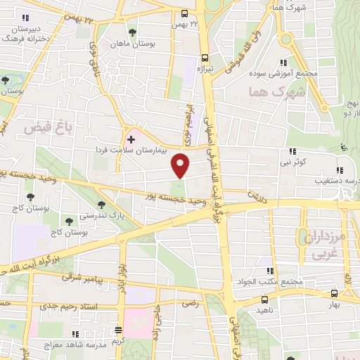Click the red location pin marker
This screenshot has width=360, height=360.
pos(181,165)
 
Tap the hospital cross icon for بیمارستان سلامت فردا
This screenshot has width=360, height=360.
pos(131,139)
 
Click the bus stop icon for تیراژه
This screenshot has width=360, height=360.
pos(205,58)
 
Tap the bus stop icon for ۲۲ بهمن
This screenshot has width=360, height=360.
pos(184,13)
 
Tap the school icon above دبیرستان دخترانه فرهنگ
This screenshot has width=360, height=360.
pos(26,18)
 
